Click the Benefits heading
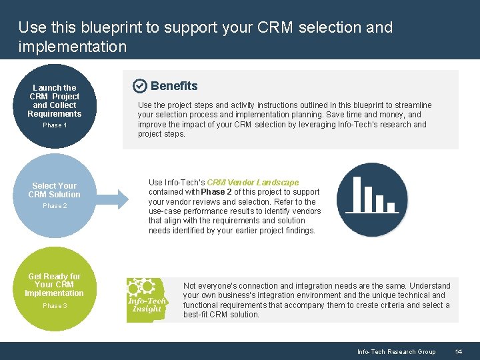(174, 86)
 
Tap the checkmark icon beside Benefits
(139, 86)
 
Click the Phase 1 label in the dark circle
(55, 125)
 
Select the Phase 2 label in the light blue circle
(55, 206)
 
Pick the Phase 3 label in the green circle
(55, 306)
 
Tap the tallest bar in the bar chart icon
(357, 194)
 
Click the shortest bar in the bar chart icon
(391, 207)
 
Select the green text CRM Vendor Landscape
(253, 183)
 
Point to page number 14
(458, 352)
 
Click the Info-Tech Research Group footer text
(396, 352)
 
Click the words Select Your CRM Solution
(55, 190)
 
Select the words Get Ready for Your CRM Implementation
(55, 285)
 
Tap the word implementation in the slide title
(72, 46)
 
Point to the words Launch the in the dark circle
(55, 88)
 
